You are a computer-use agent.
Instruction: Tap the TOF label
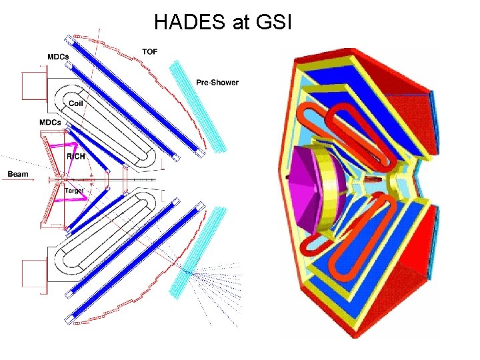[x=150, y=51]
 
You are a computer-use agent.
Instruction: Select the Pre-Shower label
[x=217, y=83]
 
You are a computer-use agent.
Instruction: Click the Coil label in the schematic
[x=75, y=103]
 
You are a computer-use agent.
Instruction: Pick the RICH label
[x=75, y=156]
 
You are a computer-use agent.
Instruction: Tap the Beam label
[x=18, y=174]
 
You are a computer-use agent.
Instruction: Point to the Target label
[x=74, y=191]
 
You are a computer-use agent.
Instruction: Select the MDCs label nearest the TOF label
[x=57, y=57]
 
